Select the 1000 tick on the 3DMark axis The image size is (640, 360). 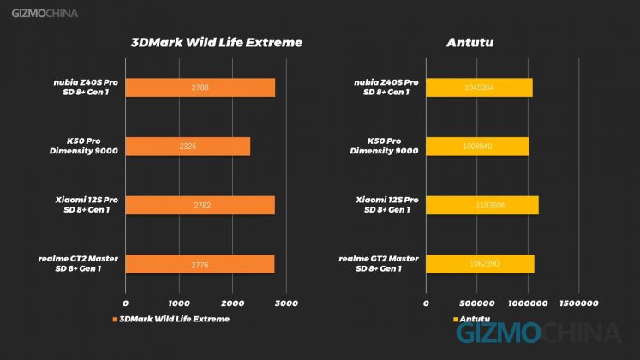point(178,303)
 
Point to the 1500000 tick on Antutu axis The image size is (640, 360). point(579,303)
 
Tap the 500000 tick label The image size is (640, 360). point(476,303)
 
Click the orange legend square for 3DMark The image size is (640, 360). point(114,320)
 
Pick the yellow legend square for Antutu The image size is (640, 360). point(455,320)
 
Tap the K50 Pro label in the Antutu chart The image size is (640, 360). point(385,146)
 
